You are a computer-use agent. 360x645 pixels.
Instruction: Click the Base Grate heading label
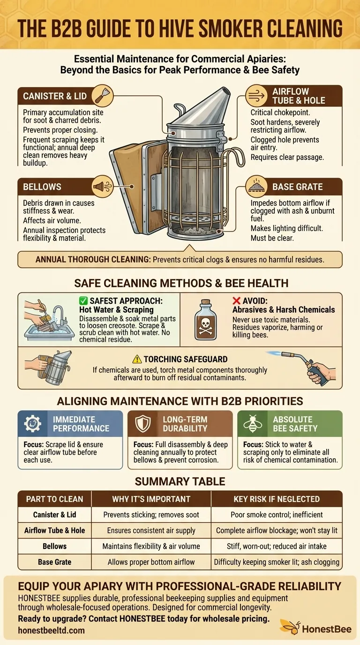[x=297, y=187]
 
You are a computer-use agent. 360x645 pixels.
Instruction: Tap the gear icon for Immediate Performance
[x=32, y=424]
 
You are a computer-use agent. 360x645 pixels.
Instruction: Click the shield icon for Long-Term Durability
[x=142, y=424]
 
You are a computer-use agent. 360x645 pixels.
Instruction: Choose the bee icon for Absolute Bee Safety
[x=252, y=424]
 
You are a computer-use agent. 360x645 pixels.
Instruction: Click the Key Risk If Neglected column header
[x=277, y=499]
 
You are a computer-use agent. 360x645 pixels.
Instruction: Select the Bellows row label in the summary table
[x=55, y=546]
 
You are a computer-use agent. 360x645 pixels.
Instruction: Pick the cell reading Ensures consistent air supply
[x=151, y=531]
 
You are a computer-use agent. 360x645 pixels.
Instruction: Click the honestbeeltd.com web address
[x=52, y=630]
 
